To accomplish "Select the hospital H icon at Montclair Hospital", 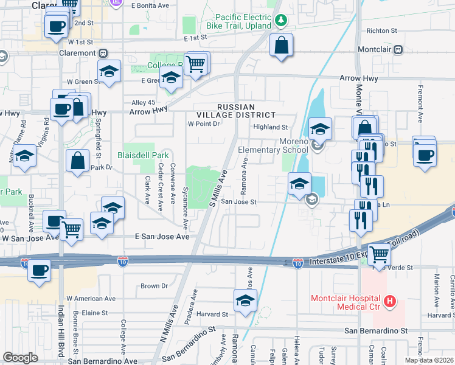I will tap(390, 301).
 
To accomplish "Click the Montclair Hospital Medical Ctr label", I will tap(346, 302).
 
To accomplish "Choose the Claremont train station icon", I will tap(103, 53).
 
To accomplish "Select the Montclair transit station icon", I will tap(398, 49).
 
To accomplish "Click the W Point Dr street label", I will tap(203, 123).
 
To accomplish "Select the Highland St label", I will tap(271, 127).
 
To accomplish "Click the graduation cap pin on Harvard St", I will tap(245, 301).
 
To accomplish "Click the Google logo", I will tap(21, 358).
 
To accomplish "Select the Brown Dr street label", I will tap(154, 286).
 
